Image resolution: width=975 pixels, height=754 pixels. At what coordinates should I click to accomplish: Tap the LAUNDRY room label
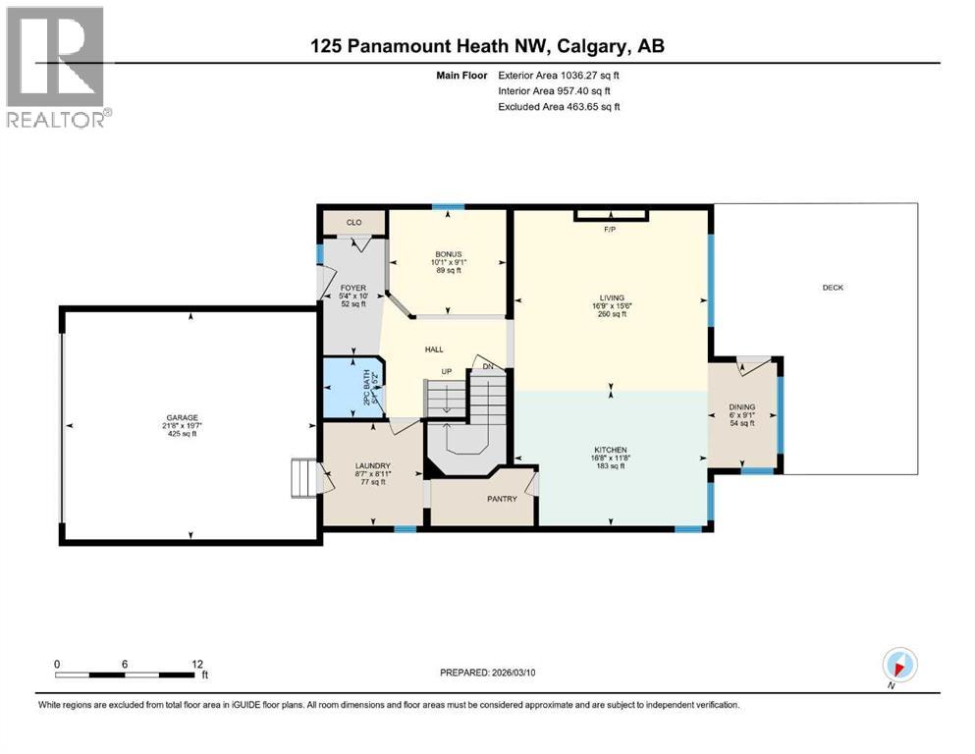[x=373, y=465]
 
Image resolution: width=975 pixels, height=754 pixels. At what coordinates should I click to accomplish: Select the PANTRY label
[x=502, y=499]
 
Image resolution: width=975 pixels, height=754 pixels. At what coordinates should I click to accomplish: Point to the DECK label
[x=833, y=288]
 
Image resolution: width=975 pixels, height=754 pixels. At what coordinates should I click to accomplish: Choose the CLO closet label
[x=352, y=222]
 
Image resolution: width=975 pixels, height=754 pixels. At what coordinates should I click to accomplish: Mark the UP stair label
[x=446, y=372]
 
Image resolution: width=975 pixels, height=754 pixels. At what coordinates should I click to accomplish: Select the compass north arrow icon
[x=899, y=664]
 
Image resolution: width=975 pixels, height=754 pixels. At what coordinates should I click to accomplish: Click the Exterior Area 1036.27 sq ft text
[x=559, y=74]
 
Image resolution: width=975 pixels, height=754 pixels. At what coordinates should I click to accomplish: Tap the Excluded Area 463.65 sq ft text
[x=559, y=106]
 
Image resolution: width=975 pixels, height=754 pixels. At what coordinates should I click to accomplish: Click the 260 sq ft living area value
[x=610, y=314]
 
